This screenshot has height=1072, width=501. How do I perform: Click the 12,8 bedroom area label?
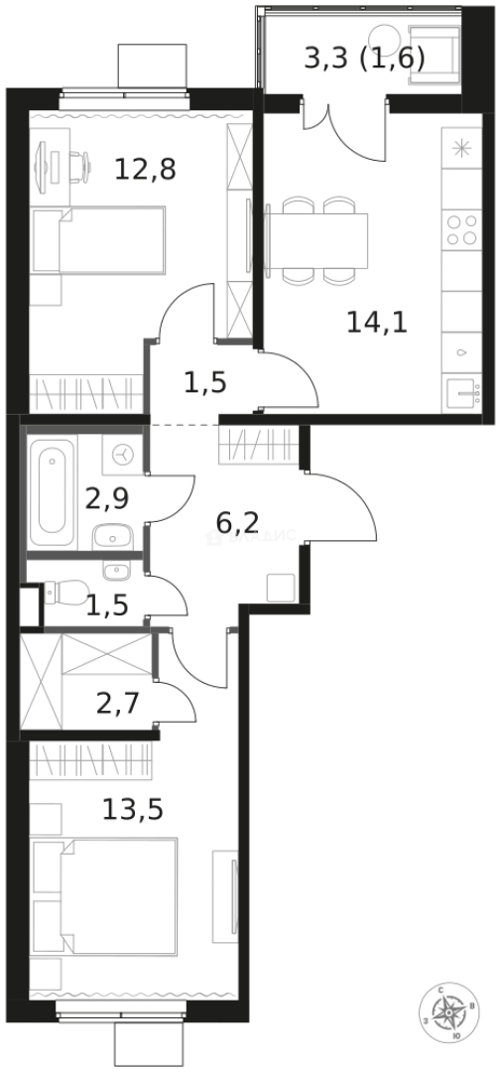145,170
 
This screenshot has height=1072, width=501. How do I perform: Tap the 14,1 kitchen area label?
377,322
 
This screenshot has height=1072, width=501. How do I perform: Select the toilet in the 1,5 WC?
63,594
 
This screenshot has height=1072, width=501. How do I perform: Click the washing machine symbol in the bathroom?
124,455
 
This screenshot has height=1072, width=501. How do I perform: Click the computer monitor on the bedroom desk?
43,165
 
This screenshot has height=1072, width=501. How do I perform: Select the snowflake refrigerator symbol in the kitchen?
461,150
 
